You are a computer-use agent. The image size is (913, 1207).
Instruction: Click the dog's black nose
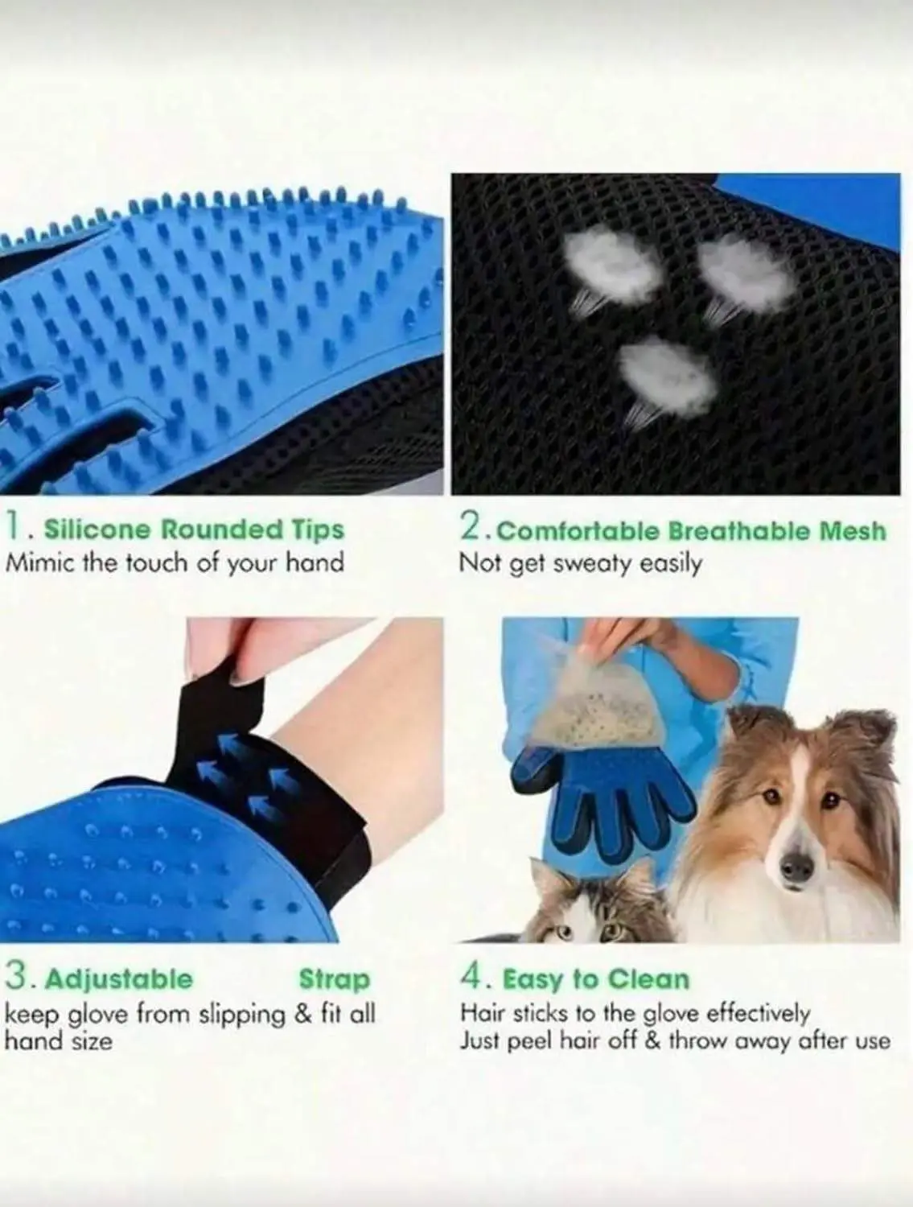click(796, 867)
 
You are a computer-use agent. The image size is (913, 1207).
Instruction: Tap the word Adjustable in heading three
click(119, 980)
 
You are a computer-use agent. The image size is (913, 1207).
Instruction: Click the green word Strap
click(335, 980)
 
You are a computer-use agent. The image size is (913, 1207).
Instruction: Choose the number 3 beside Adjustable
click(16, 978)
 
